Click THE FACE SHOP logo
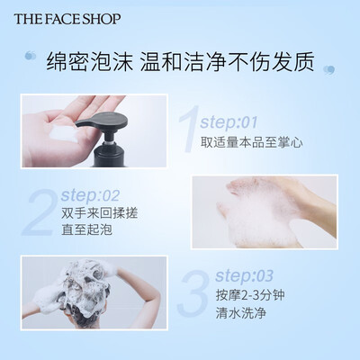pos(67,19)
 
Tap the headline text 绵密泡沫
pos(89,62)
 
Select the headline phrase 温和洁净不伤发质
pos(228,62)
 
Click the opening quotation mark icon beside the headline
pos(31,56)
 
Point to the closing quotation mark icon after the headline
pos(328,70)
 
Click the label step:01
pos(229,122)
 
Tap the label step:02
pos(90,195)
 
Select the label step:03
pos(244,275)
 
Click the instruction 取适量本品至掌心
pos(251,142)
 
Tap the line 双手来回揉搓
pos(99,213)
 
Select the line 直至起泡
pos(86,229)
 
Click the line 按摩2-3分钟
pos(250,295)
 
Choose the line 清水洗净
pos(241,313)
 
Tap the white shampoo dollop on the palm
pos(64,133)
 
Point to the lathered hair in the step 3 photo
pos(85,288)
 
